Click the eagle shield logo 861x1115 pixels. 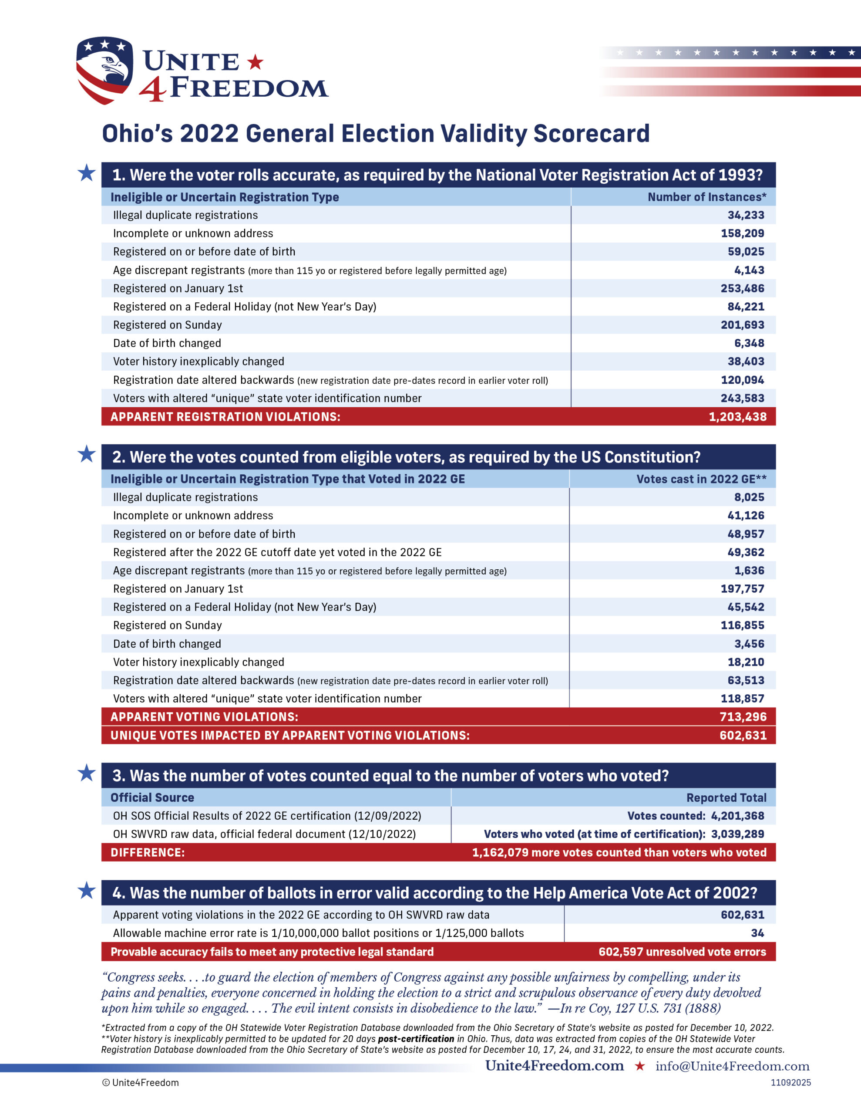click(x=104, y=70)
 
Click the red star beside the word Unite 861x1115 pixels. click(x=255, y=62)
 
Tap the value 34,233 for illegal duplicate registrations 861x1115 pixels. click(x=746, y=215)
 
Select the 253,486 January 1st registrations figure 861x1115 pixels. click(x=742, y=288)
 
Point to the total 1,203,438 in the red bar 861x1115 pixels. click(x=737, y=416)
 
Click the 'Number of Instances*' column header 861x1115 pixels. click(x=707, y=197)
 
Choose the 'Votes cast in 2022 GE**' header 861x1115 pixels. click(x=701, y=479)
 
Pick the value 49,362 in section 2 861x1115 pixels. click(x=746, y=552)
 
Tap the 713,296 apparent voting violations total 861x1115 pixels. click(x=743, y=717)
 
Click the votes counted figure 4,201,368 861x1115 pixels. click(x=737, y=816)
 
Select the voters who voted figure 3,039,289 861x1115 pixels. click(x=737, y=834)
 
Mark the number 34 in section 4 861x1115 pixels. click(x=757, y=933)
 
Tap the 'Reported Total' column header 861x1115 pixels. click(x=726, y=797)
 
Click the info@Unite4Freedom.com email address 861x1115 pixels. click(x=733, y=1066)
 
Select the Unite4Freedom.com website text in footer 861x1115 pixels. click(x=554, y=1065)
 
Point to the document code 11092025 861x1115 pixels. click(x=790, y=1082)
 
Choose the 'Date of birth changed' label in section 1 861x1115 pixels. click(x=167, y=343)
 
